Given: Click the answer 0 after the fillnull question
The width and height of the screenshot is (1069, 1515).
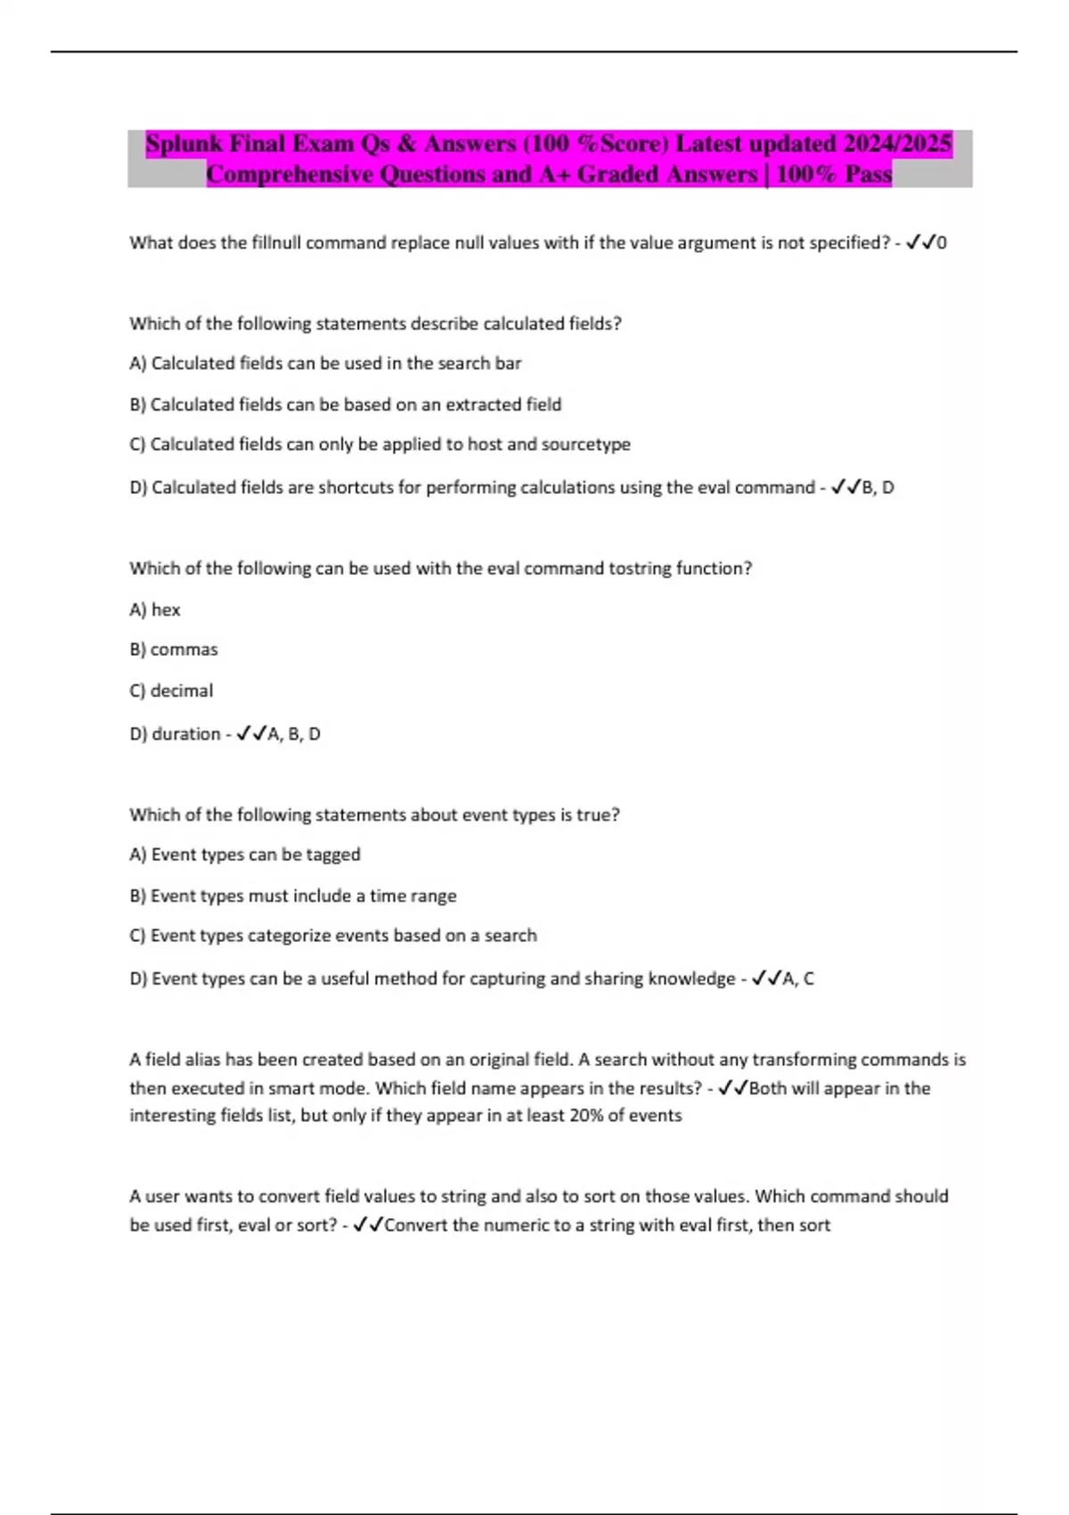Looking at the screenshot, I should [x=943, y=242].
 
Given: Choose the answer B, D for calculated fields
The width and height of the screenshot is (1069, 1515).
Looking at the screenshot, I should [x=877, y=487].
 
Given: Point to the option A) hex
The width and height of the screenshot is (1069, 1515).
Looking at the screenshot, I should [x=155, y=610].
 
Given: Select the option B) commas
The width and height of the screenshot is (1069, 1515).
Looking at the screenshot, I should [x=174, y=650].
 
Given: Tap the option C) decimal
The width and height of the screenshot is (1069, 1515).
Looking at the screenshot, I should [x=171, y=691].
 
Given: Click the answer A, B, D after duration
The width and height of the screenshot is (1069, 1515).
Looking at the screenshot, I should [x=294, y=734].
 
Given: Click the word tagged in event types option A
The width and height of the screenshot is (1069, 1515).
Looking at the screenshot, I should [x=333, y=855].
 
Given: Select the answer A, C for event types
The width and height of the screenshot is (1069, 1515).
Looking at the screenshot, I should [x=798, y=979].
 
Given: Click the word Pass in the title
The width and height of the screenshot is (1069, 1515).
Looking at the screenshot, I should [x=868, y=174].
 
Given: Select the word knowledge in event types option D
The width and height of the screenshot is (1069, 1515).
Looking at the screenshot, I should [x=691, y=979].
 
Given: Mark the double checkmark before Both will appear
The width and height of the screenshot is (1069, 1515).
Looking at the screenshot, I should [x=732, y=1088].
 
